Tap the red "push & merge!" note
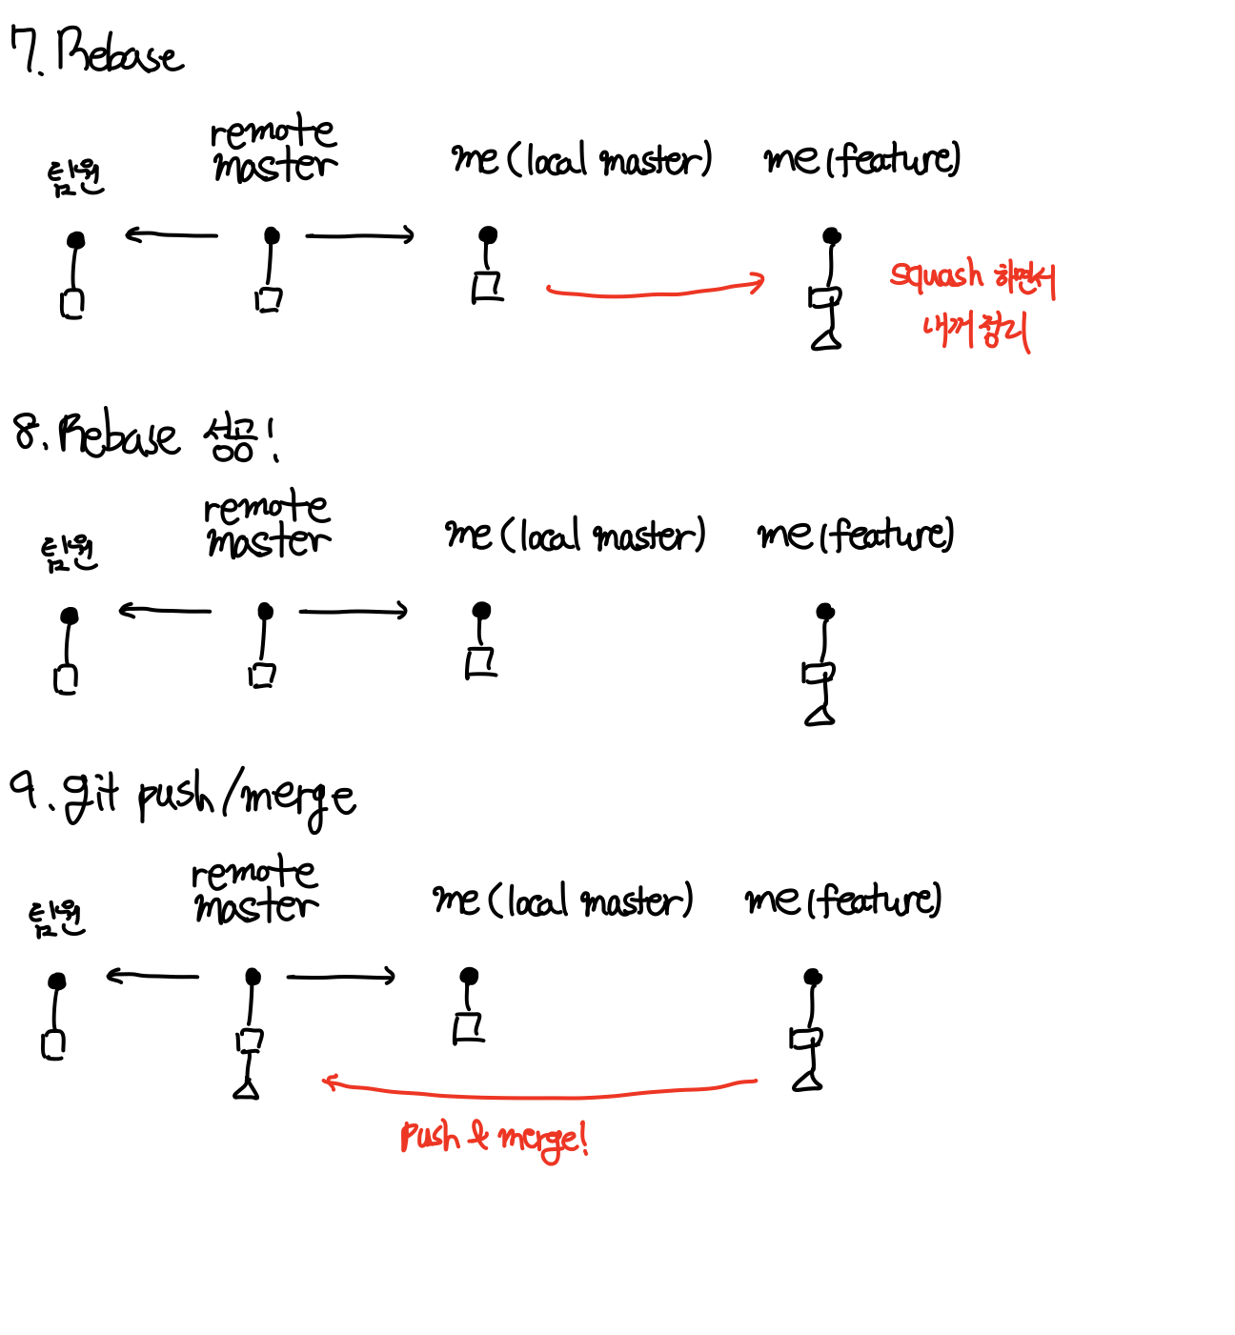[494, 1138]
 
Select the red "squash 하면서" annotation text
[972, 276]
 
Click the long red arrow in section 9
[539, 1089]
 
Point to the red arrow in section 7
[656, 289]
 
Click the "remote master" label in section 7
[273, 149]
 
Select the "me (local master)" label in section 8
[575, 535]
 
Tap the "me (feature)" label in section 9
[842, 900]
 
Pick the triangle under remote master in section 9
[247, 1088]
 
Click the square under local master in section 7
[488, 287]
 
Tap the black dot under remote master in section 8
[266, 611]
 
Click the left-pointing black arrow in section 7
[172, 234]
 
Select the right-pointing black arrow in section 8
[354, 611]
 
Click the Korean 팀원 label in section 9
[57, 919]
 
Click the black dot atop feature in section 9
[813, 977]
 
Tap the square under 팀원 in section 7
[72, 303]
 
